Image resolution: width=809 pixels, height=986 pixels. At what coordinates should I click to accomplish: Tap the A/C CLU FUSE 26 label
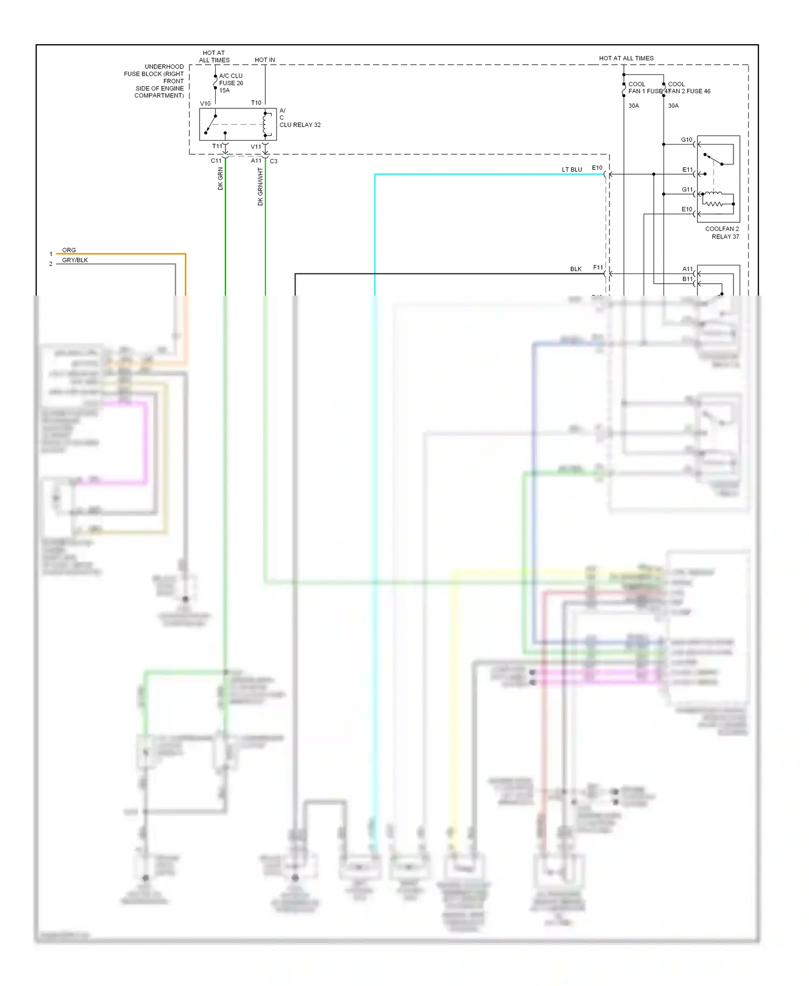click(231, 83)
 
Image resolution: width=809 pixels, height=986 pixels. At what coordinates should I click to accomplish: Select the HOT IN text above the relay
click(264, 60)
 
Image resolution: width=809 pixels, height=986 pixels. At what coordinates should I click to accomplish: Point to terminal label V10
click(205, 104)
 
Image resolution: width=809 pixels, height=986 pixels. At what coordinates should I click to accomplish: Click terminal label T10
click(256, 102)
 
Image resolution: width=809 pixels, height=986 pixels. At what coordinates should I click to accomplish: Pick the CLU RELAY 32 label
click(300, 125)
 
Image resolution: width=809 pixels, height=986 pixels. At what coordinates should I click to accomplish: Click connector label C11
click(216, 161)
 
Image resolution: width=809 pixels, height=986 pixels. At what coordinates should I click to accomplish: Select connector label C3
click(273, 161)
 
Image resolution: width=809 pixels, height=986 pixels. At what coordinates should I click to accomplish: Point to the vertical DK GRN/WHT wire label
click(260, 187)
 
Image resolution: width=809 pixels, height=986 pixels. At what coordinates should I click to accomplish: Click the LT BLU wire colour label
click(572, 169)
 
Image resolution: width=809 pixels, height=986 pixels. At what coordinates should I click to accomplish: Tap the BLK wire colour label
click(575, 269)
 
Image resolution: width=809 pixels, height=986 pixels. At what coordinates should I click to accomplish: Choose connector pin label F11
click(598, 268)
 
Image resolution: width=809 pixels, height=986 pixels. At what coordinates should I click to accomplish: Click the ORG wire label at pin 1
click(69, 250)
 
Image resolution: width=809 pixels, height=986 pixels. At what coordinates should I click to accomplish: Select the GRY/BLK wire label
click(75, 260)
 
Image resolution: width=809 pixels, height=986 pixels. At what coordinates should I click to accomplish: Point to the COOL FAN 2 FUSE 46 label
click(688, 88)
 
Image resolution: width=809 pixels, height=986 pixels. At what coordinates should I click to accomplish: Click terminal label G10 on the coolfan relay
click(686, 140)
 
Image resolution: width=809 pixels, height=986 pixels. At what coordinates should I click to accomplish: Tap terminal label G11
click(687, 189)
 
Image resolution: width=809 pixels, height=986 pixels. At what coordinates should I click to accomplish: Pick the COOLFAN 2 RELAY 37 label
click(722, 232)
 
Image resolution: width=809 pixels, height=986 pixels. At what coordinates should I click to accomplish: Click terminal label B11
click(687, 279)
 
